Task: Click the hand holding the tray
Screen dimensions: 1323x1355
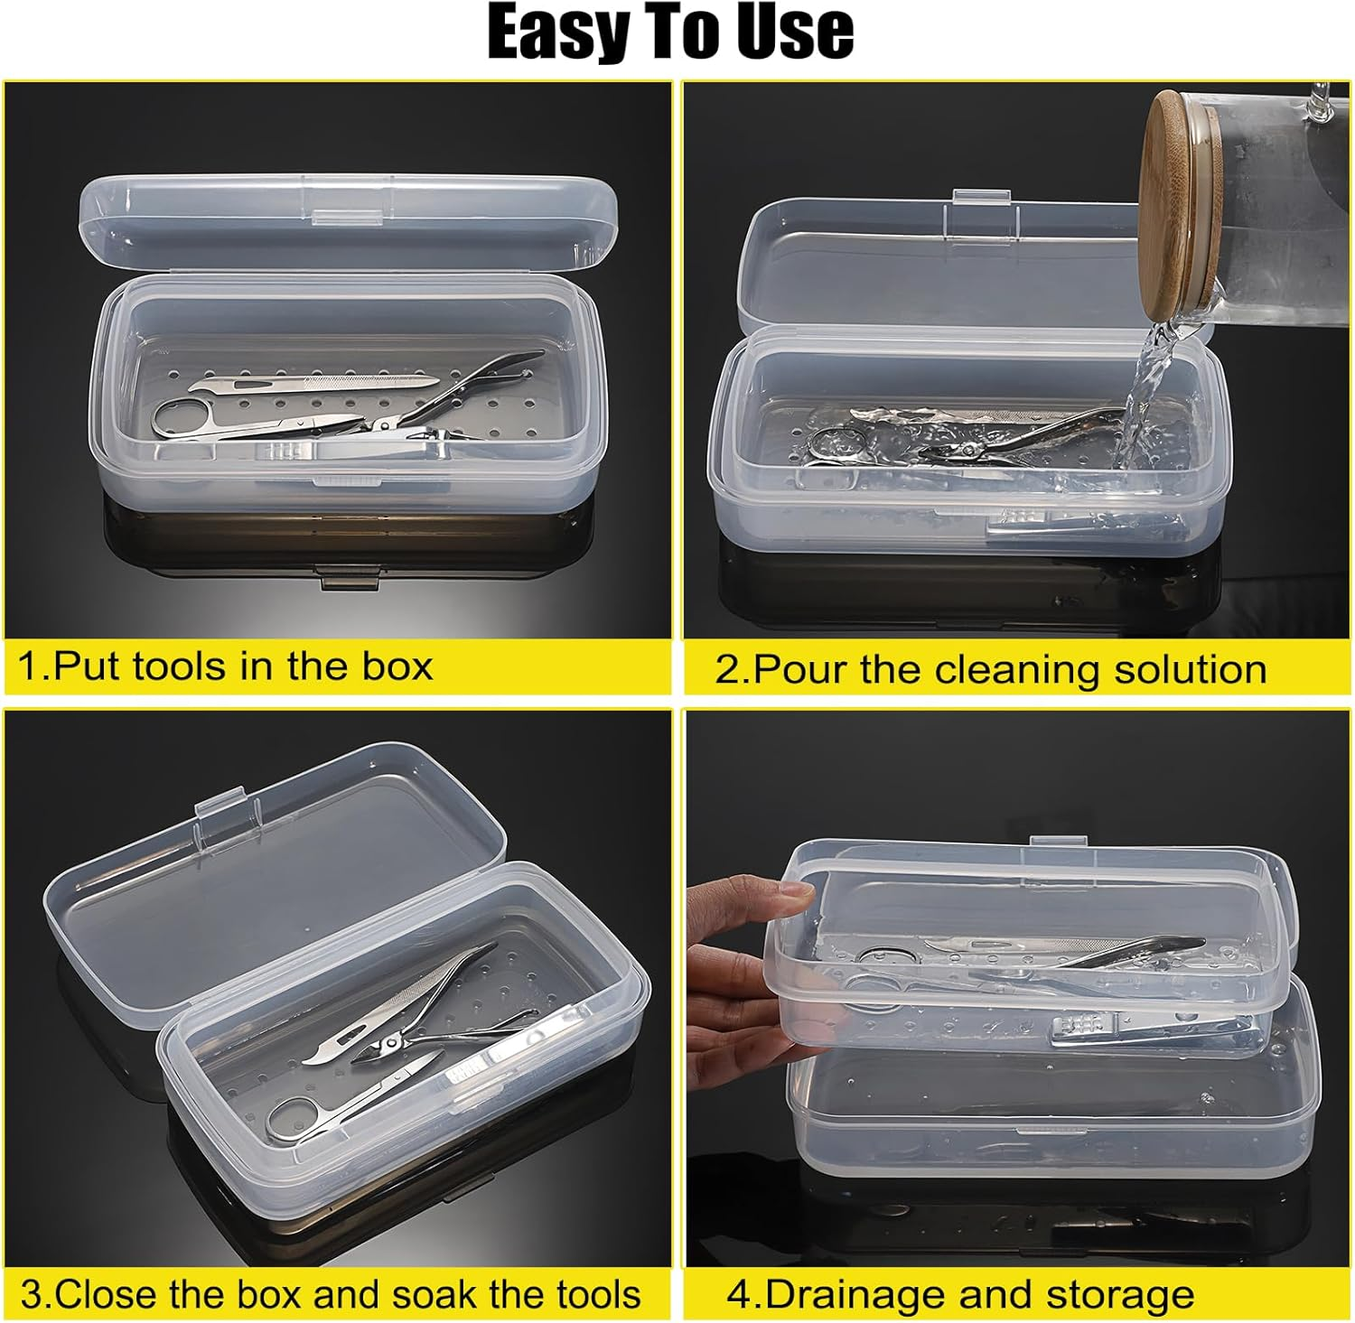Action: [x=741, y=975]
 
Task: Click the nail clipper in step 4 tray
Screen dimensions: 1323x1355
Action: [x=1147, y=1031]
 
